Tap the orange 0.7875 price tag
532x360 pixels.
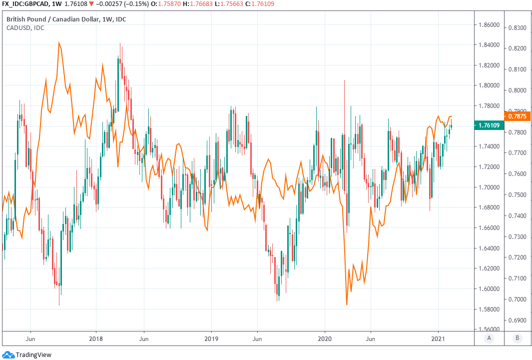click(x=519, y=116)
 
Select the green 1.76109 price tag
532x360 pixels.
click(x=488, y=125)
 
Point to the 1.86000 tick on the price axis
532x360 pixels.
click(x=488, y=24)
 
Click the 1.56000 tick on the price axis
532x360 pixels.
click(x=488, y=329)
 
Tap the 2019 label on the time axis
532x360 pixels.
click(x=211, y=338)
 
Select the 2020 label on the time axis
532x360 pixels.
click(x=325, y=338)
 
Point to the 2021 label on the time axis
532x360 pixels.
click(x=439, y=338)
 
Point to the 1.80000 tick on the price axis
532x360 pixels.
click(x=488, y=85)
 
